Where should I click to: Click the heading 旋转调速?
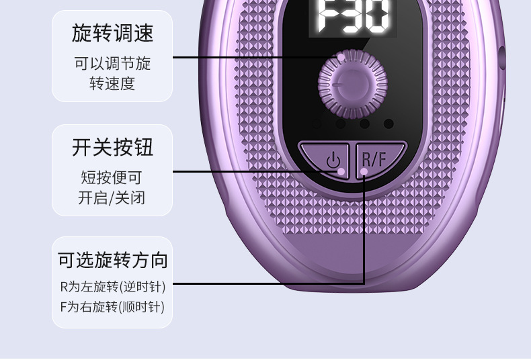pyautogui.click(x=112, y=33)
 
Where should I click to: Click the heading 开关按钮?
pyautogui.click(x=112, y=147)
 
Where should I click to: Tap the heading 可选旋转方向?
pyautogui.click(x=112, y=260)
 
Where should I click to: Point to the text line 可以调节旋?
pyautogui.click(x=112, y=64)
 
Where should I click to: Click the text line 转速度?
pyautogui.click(x=112, y=83)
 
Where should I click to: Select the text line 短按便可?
pyautogui.click(x=112, y=178)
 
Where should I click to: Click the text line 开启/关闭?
pyautogui.click(x=112, y=198)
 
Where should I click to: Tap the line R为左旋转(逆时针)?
pyautogui.click(x=112, y=287)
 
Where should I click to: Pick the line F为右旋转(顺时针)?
pyautogui.click(x=112, y=307)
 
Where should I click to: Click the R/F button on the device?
pyautogui.click(x=376, y=160)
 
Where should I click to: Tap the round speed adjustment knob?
pyautogui.click(x=353, y=84)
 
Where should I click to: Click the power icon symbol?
pyautogui.click(x=333, y=161)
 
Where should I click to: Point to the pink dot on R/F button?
pyautogui.click(x=364, y=172)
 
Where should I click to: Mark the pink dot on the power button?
pyautogui.click(x=341, y=172)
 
